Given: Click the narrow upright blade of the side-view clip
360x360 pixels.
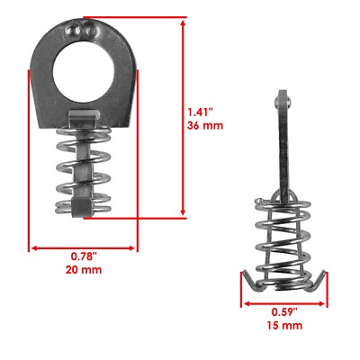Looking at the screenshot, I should [x=280, y=144].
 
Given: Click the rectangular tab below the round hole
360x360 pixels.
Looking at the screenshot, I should [x=84, y=115].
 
